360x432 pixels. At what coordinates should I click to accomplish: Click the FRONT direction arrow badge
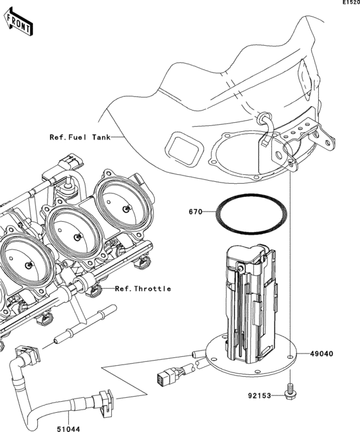coord(20,22)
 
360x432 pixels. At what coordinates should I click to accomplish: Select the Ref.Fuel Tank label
coord(80,137)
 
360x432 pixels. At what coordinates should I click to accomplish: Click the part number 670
coord(196,211)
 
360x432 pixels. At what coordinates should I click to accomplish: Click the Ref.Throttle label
coord(143,289)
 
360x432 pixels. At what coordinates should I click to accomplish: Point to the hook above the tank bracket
coord(264,120)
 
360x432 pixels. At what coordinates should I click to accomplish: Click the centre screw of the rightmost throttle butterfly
coord(127,209)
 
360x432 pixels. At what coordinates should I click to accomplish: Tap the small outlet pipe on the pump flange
coord(197,353)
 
